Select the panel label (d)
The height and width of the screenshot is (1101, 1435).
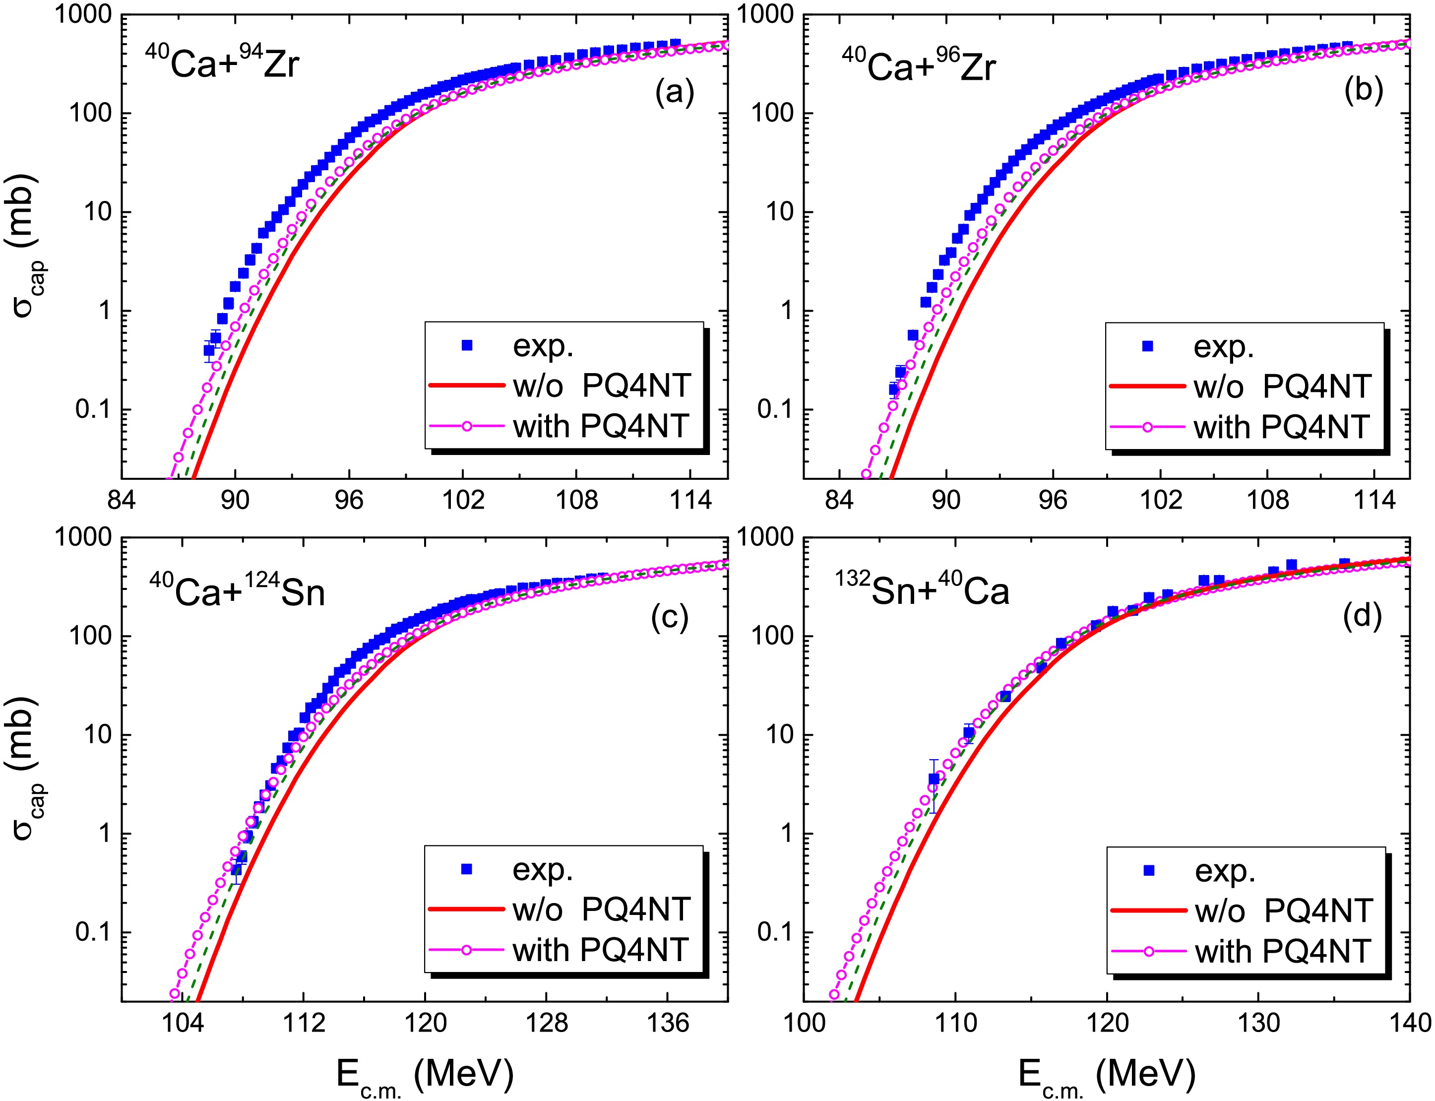[x=1362, y=616]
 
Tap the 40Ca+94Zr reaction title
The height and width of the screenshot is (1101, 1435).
[x=222, y=64]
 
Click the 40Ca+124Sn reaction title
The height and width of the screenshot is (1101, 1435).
[x=237, y=590]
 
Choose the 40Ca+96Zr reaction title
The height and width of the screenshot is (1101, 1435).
[x=919, y=66]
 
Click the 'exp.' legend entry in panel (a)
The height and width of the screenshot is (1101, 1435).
[x=543, y=346]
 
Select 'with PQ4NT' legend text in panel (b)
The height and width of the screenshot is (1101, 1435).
[x=1282, y=427]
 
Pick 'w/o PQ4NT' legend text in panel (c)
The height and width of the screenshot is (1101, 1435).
[x=601, y=909]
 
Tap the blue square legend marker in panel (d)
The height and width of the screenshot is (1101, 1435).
[x=1148, y=870]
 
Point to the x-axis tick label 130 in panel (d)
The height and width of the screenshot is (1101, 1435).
[x=1258, y=1023]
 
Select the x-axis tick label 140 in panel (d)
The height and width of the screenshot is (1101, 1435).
[x=1409, y=1023]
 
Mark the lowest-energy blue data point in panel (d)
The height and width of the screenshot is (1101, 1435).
[x=934, y=779]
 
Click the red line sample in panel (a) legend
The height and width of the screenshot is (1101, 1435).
[x=467, y=386]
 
